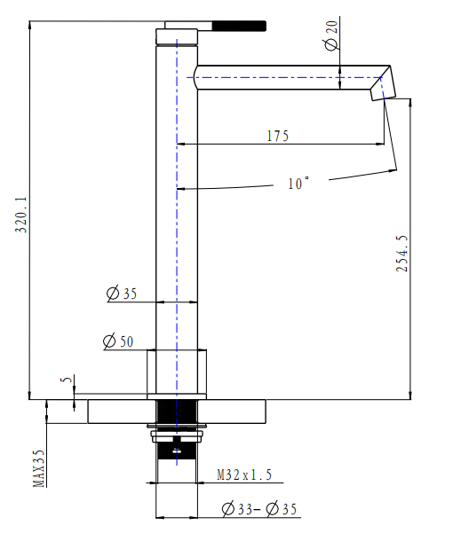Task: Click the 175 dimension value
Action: click(x=278, y=136)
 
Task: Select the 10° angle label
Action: click(x=298, y=184)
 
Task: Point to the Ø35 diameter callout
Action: click(x=122, y=294)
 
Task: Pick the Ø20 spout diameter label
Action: click(x=331, y=39)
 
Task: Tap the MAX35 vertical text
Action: click(x=38, y=469)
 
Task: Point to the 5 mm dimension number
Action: click(x=63, y=380)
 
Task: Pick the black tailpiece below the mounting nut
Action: click(x=178, y=483)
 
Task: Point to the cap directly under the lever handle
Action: click(x=176, y=36)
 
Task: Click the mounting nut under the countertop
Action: click(x=178, y=435)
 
